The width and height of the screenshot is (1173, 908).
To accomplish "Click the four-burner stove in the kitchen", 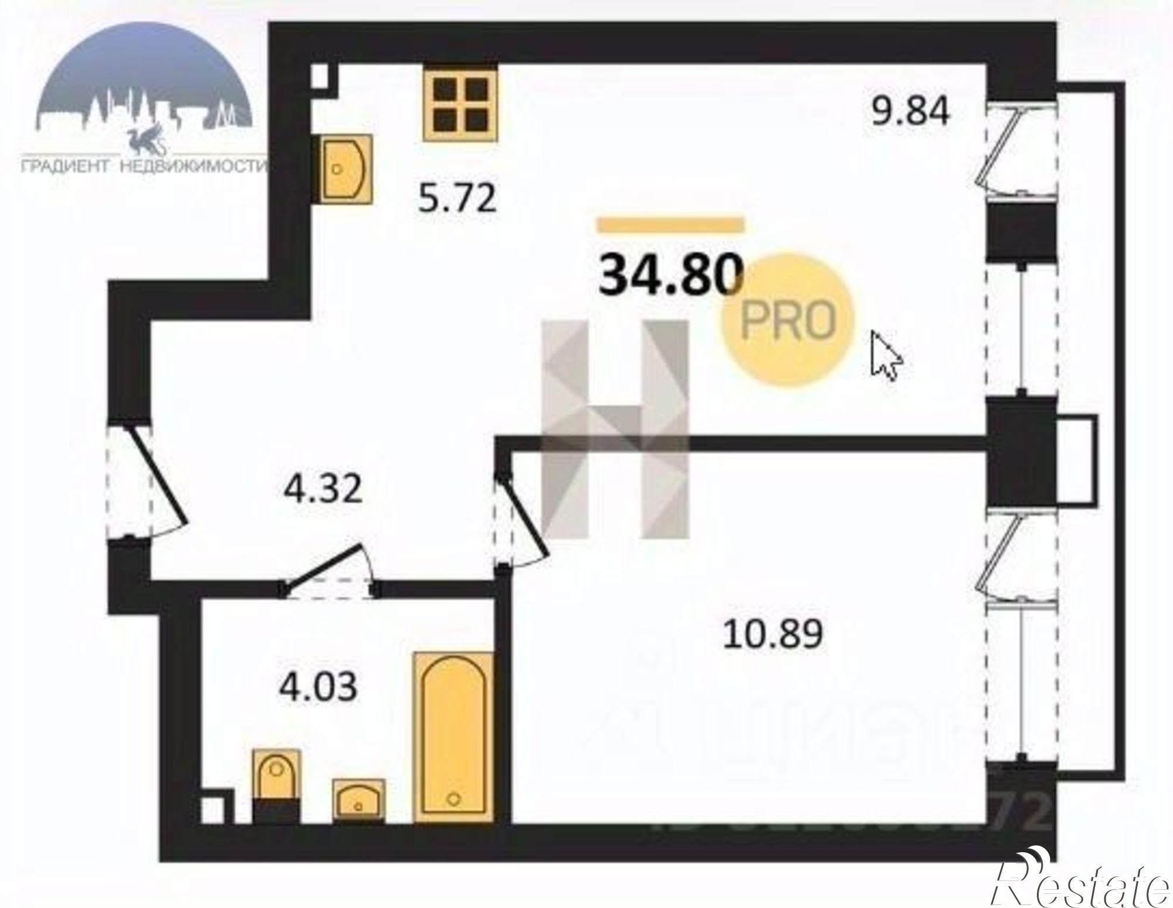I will pos(460,104).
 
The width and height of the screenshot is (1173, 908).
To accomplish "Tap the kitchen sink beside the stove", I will pos(346,169).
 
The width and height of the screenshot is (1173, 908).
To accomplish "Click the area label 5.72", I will pos(457,199).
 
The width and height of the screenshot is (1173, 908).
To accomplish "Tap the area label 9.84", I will pos(910,113).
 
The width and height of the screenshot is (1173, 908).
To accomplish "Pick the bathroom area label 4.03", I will pos(318,687).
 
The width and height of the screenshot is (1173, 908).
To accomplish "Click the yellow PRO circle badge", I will pos(787,320).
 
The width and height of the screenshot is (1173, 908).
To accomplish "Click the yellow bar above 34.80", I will pos(670,224).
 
